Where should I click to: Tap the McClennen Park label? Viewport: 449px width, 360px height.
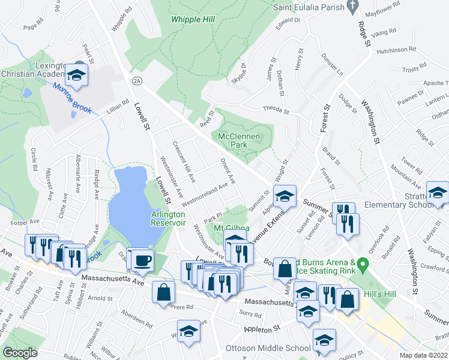(240, 140)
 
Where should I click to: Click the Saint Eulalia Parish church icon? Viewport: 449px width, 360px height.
(354, 7)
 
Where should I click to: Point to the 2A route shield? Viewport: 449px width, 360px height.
(137, 80)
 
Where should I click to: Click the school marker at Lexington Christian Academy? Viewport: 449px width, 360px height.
(77, 75)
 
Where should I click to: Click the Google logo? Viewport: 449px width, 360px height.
(20, 353)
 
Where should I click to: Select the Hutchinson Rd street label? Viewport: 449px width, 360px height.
(396, 50)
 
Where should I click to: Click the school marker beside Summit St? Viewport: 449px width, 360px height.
(285, 196)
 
